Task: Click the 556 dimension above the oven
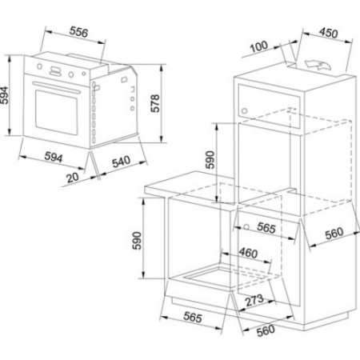tap(78, 32)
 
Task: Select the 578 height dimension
tap(154, 103)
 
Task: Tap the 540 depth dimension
tap(121, 162)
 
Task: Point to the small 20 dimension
tap(73, 178)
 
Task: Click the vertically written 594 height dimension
tap(4, 95)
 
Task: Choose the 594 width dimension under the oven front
tap(54, 157)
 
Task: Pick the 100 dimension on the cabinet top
tap(258, 46)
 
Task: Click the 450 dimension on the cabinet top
tap(328, 33)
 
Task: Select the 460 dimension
tap(248, 253)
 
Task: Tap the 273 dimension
tap(254, 300)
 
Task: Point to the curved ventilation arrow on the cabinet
tap(318, 65)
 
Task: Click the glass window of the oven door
tap(57, 113)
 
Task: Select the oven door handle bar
tap(56, 88)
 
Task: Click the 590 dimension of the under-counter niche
tap(137, 241)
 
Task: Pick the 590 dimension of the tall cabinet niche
tap(210, 159)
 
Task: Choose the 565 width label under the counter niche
tap(193, 318)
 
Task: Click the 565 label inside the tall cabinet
tap(266, 228)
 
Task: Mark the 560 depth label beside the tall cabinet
tap(334, 233)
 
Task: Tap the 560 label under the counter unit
tap(266, 330)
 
